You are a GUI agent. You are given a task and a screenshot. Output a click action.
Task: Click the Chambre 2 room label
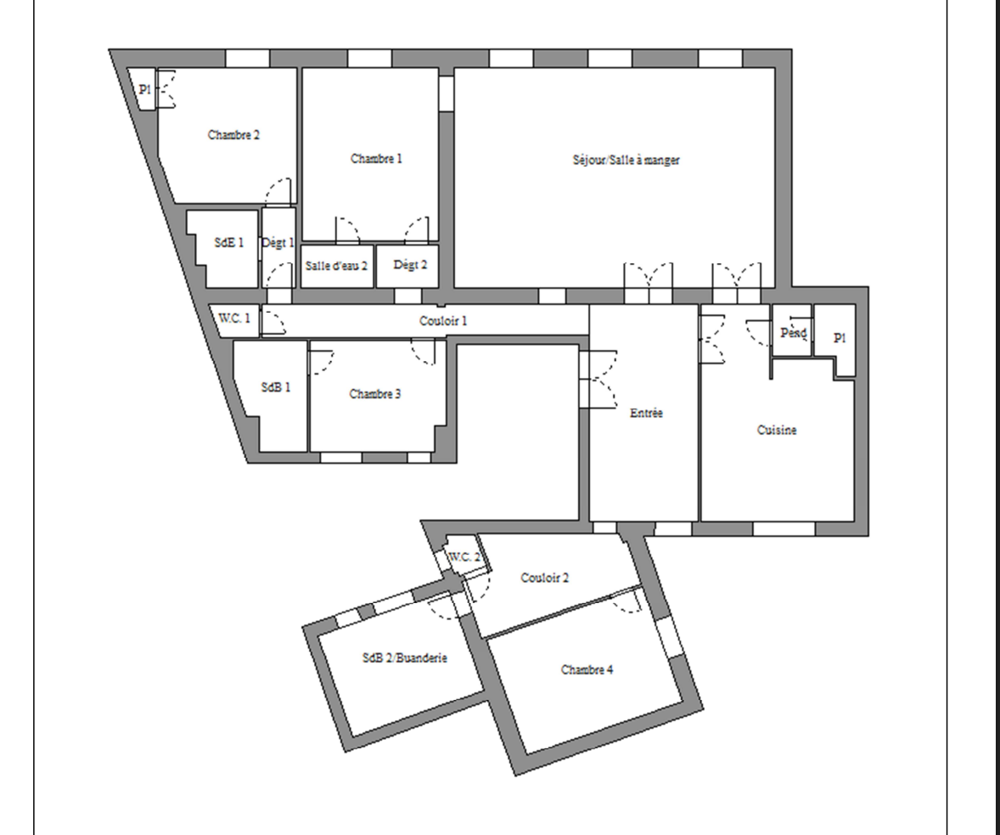tap(233, 135)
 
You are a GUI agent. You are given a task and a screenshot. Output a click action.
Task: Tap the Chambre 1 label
tap(376, 158)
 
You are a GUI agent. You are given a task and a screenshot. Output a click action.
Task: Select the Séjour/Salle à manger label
tap(626, 160)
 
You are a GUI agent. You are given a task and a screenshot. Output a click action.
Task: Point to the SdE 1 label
tap(229, 243)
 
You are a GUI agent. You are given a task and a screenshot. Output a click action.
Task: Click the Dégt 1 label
tap(278, 243)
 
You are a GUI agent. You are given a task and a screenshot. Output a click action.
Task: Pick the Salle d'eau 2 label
tap(336, 266)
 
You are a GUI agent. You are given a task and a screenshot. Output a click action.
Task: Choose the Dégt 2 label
tap(410, 264)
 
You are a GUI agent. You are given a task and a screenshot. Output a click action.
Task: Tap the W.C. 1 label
tap(234, 318)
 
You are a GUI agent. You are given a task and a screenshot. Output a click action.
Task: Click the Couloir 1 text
tap(443, 320)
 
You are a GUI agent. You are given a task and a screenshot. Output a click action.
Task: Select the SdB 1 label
tap(276, 386)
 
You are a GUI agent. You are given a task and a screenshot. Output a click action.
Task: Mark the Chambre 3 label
tap(375, 394)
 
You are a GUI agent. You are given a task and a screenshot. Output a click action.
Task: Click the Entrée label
tap(646, 413)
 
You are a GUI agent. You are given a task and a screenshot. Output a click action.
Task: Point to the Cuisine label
tap(777, 430)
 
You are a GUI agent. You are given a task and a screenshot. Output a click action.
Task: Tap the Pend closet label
tap(794, 333)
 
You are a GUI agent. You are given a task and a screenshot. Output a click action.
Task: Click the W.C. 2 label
tap(464, 556)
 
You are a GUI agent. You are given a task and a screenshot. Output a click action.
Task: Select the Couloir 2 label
tap(545, 578)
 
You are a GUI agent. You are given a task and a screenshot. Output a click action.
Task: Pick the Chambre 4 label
tap(587, 669)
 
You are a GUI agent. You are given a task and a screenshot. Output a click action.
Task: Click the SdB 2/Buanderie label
tap(404, 657)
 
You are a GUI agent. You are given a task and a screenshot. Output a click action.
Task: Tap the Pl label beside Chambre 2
tap(145, 89)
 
